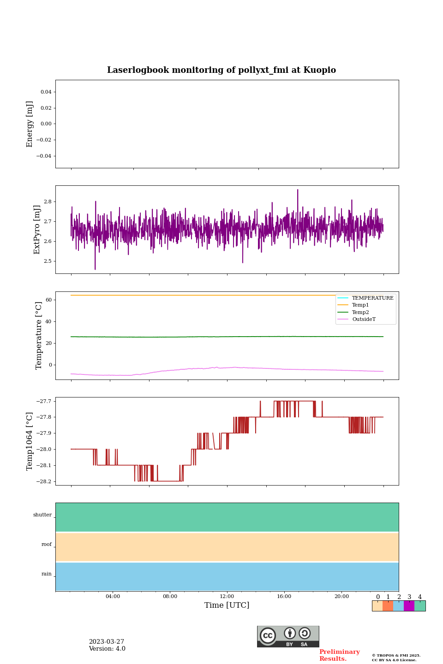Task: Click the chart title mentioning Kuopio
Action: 221,70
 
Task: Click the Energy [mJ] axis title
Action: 30,124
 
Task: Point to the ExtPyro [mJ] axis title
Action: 37,230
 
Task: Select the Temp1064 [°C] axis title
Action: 30,441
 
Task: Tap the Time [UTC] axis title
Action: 227,605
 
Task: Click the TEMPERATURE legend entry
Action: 372,298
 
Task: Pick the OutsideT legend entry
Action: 364,319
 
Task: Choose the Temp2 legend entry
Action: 360,312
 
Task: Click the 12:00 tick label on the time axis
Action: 227,596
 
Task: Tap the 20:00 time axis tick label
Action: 341,596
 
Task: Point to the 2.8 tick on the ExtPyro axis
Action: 48,202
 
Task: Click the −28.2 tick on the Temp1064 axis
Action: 44,481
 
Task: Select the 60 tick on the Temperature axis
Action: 48,300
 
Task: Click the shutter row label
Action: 42,515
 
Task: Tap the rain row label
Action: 47,574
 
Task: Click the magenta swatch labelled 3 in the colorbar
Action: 409,606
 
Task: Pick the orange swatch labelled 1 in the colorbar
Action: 388,606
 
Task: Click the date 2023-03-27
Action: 107,642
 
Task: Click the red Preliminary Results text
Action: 339,655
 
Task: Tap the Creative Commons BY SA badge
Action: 288,636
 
